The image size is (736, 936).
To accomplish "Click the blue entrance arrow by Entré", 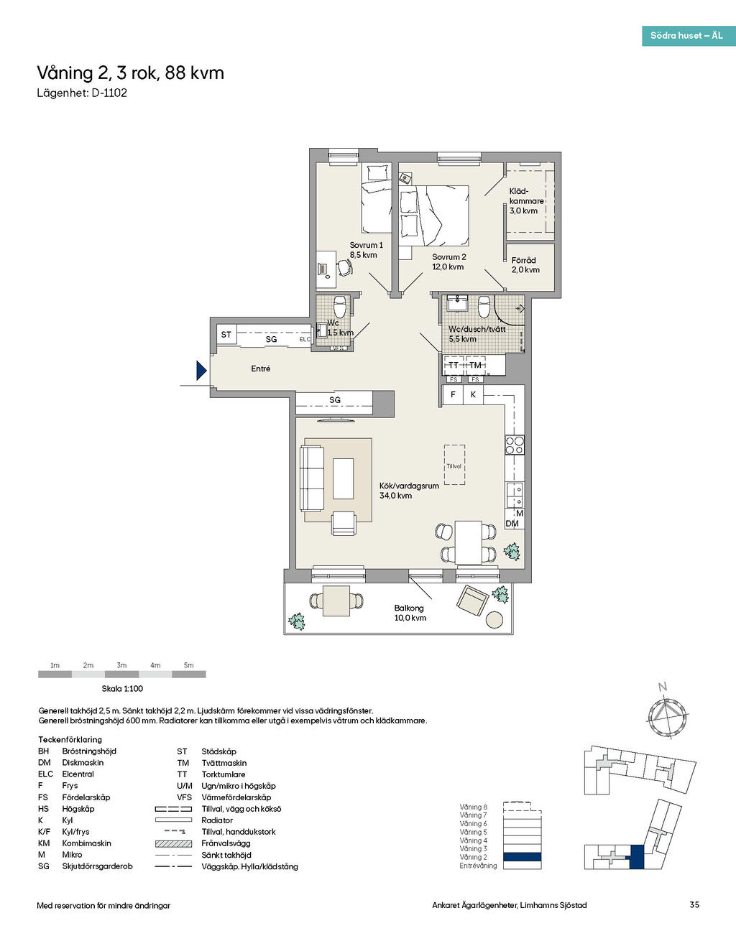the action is [x=201, y=371].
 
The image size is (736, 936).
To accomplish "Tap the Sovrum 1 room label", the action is [x=366, y=250].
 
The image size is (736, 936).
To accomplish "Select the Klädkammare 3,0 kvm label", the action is [x=526, y=200].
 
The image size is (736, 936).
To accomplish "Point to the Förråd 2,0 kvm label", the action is [x=525, y=265].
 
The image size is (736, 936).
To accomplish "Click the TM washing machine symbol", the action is [x=475, y=365].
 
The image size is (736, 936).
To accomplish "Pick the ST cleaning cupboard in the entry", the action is [x=226, y=334].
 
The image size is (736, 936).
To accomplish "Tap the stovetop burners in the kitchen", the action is [x=515, y=445].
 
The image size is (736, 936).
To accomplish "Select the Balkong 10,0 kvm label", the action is [x=410, y=613].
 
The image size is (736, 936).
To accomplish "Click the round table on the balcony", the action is [x=494, y=620].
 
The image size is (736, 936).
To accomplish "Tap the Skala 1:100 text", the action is [x=122, y=689].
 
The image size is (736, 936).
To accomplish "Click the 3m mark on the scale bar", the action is [x=122, y=665].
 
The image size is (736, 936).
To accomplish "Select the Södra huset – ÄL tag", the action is [x=689, y=36].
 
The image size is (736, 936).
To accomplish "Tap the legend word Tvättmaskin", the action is [x=224, y=763].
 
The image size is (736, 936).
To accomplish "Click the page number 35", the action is [x=694, y=905].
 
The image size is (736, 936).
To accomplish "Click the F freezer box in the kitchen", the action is [x=453, y=394].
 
